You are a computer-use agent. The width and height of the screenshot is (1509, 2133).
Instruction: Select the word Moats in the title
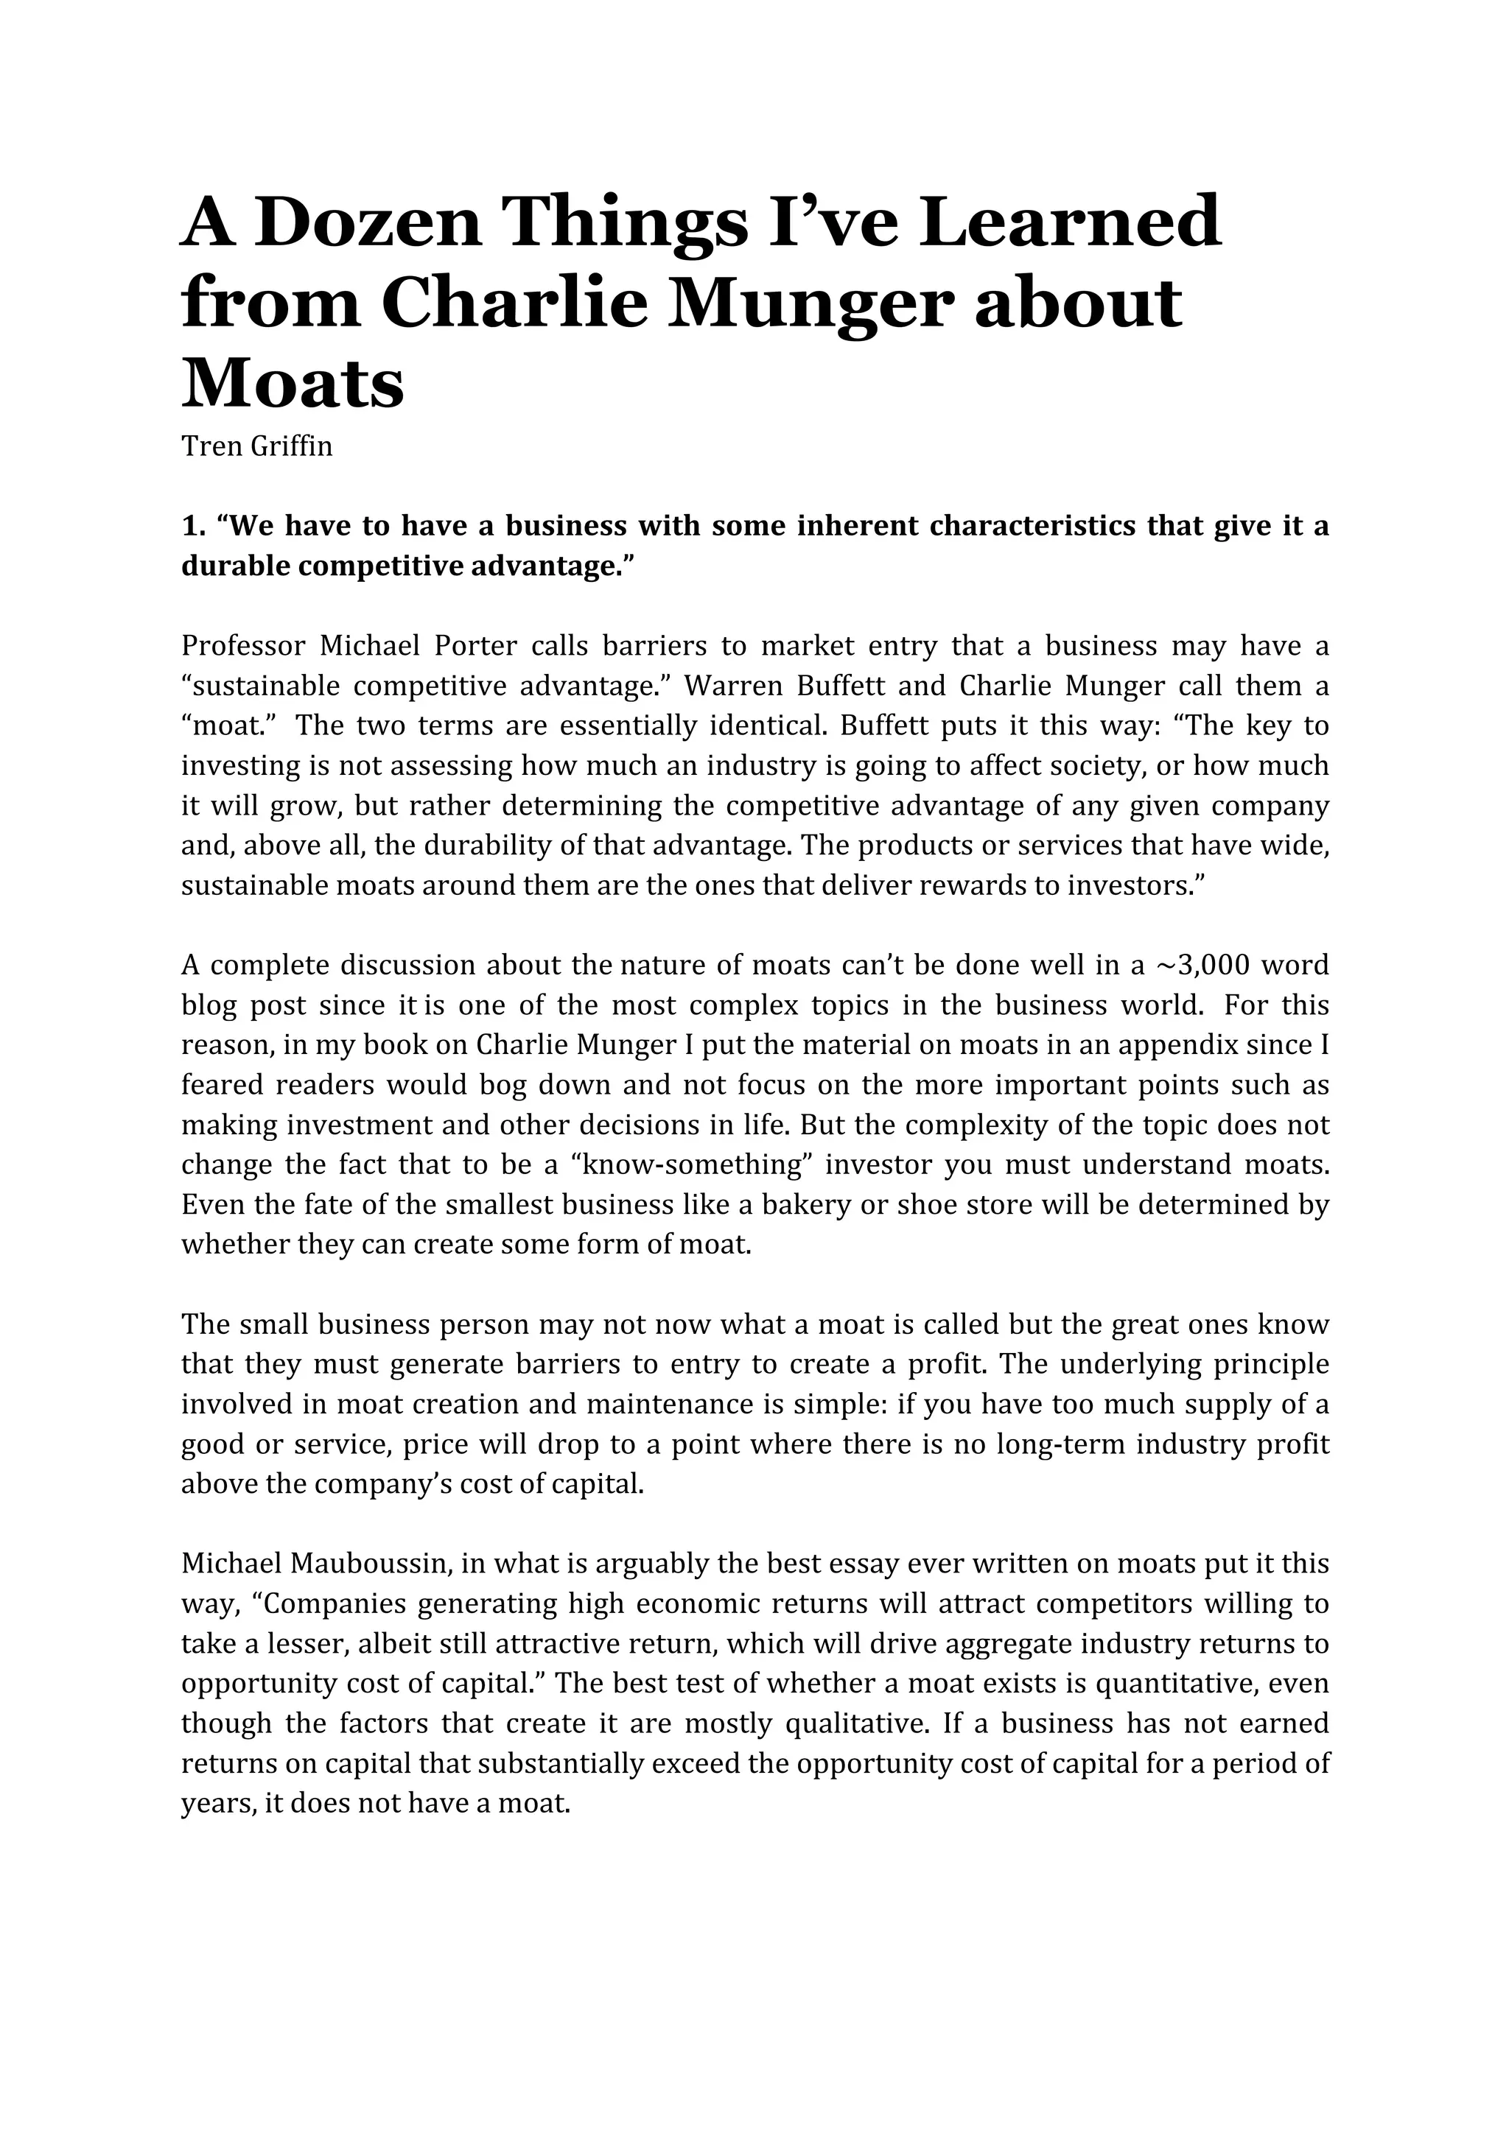[x=293, y=384]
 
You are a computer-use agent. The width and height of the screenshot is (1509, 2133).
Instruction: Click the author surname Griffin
[x=291, y=447]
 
